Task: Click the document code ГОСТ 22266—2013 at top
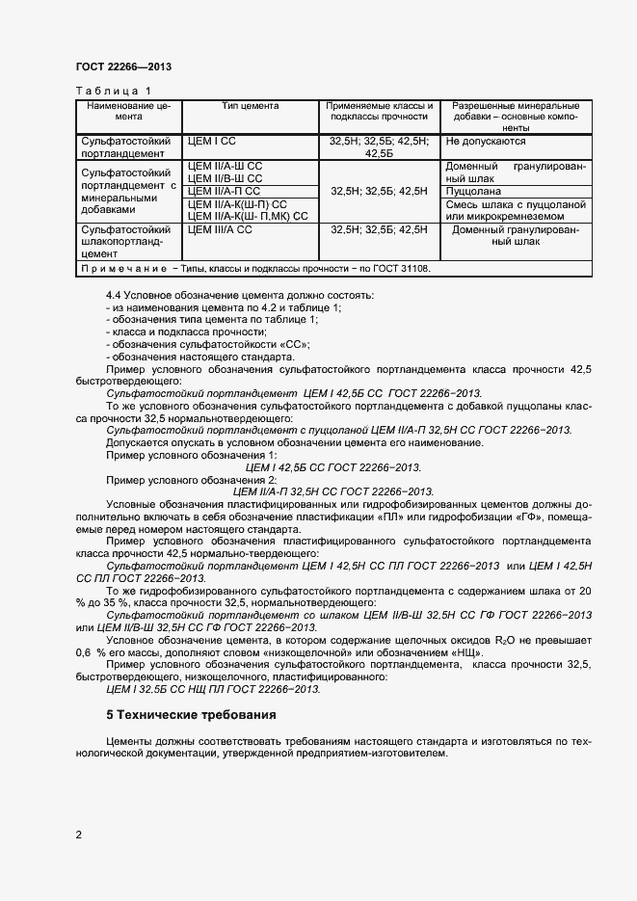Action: [123, 67]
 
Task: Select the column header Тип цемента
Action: [251, 105]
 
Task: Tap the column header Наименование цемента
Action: [127, 111]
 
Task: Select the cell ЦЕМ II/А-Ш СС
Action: [226, 166]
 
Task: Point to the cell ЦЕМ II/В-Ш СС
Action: [226, 178]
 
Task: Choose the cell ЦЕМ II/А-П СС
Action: [225, 191]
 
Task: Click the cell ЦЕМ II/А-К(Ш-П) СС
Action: [239, 203]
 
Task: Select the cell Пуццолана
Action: [474, 191]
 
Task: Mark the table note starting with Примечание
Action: [255, 269]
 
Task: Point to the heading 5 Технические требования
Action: [191, 715]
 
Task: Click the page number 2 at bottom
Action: [78, 835]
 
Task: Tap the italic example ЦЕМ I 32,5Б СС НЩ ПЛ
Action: [213, 689]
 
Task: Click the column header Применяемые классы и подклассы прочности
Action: [379, 111]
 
